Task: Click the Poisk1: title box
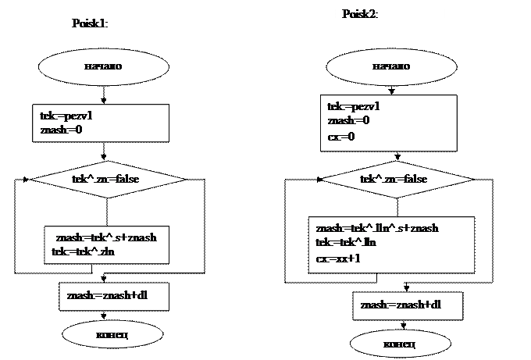[x=116, y=24]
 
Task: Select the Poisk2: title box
[x=390, y=19]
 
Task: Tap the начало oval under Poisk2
[x=390, y=66]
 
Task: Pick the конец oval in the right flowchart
[x=399, y=344]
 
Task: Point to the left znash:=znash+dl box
[x=114, y=296]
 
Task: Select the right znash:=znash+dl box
[x=407, y=305]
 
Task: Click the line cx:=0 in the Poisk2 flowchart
[x=341, y=137]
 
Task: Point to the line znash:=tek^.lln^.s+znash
[x=376, y=228]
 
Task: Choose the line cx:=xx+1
[x=338, y=258]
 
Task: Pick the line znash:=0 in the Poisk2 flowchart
[x=348, y=121]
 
